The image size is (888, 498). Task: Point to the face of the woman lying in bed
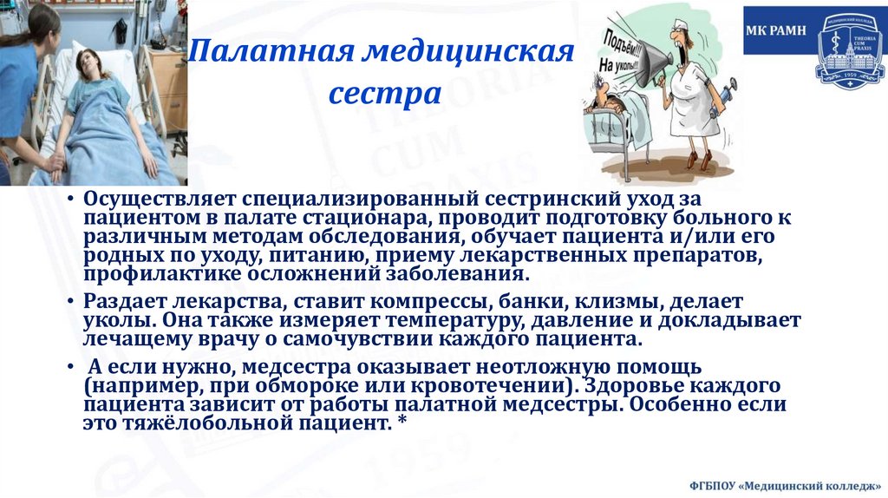tap(87, 62)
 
